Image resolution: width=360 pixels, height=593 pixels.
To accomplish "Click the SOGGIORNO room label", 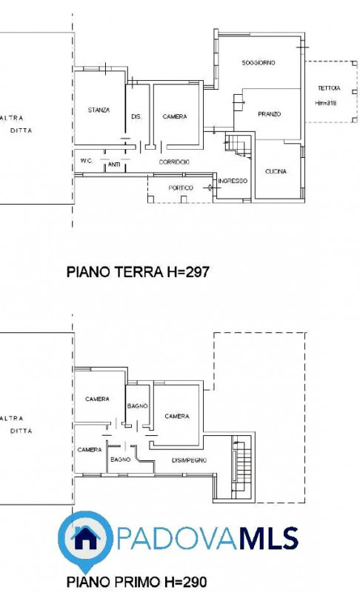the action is click(x=259, y=63).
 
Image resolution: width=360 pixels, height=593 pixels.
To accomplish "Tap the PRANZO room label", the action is click(x=270, y=114).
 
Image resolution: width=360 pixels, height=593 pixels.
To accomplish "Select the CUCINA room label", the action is click(x=276, y=171).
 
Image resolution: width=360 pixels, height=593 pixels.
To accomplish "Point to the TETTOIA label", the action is click(x=329, y=88).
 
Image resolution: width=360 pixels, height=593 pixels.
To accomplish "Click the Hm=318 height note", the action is click(x=326, y=103).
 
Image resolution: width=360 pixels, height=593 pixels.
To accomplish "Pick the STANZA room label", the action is click(x=99, y=110).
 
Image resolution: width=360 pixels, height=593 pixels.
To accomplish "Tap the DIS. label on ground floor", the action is click(x=136, y=117).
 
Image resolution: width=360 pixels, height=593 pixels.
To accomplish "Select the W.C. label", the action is click(x=87, y=161).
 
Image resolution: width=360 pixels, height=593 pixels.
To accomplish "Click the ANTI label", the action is click(x=114, y=165).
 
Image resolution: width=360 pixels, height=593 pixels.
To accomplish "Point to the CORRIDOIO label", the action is click(x=174, y=162).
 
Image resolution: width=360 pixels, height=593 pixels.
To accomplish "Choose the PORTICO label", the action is click(x=181, y=188).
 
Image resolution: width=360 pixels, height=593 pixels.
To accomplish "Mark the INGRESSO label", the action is click(x=233, y=181).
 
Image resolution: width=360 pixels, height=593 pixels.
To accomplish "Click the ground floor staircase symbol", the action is click(x=239, y=145).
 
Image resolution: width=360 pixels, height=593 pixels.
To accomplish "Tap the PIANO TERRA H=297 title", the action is click(x=138, y=271).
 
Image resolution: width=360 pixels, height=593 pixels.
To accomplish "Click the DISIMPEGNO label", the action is click(x=189, y=460).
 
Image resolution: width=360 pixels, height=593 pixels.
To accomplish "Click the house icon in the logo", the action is click(x=85, y=537).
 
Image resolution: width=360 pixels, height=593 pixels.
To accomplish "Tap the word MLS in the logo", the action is click(x=269, y=538).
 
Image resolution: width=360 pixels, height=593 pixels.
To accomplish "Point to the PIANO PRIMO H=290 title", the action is click(x=136, y=581).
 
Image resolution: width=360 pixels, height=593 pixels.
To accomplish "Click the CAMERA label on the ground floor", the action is click(x=175, y=116).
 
